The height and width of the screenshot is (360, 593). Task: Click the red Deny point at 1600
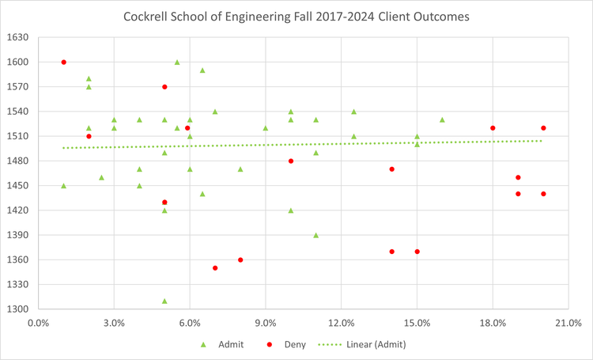tap(64, 63)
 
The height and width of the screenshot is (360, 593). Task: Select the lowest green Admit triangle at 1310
tap(164, 301)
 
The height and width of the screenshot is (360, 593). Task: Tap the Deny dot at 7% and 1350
tap(215, 268)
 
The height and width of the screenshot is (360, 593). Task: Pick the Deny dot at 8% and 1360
tap(240, 260)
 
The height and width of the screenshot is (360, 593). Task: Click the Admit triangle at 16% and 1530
tap(442, 120)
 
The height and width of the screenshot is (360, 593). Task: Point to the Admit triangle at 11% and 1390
tap(316, 235)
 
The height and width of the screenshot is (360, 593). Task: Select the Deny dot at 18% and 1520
tap(493, 128)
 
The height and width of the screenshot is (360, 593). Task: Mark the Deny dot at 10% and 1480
tap(291, 161)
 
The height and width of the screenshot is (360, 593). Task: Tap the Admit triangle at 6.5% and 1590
tap(202, 70)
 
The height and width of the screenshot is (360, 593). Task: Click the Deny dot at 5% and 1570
tap(164, 87)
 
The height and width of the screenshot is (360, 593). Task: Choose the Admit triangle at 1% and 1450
tap(64, 186)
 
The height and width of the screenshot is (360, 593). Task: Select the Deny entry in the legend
tap(283, 344)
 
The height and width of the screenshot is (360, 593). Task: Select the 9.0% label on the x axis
tap(266, 323)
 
